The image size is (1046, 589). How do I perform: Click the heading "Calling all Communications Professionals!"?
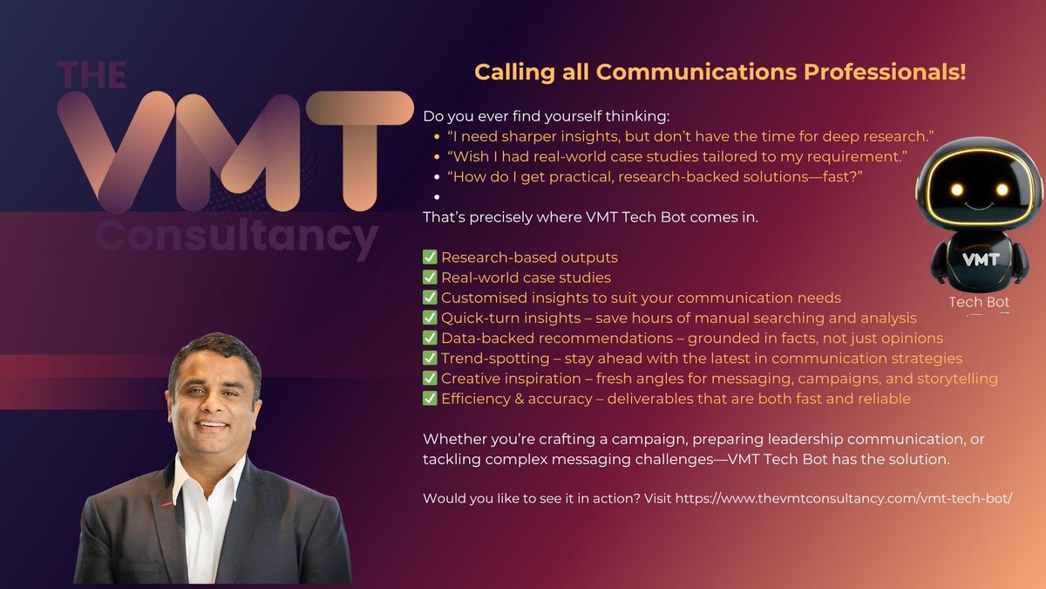pos(720,72)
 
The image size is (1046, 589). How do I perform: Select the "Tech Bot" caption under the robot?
pos(979,303)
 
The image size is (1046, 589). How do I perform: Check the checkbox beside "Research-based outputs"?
pos(430,257)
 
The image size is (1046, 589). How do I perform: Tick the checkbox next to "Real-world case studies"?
pos(430,277)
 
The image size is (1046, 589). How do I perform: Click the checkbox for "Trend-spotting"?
pos(430,359)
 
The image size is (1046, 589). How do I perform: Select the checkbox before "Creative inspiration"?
pos(430,379)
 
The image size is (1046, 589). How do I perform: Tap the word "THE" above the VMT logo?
pos(92,77)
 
